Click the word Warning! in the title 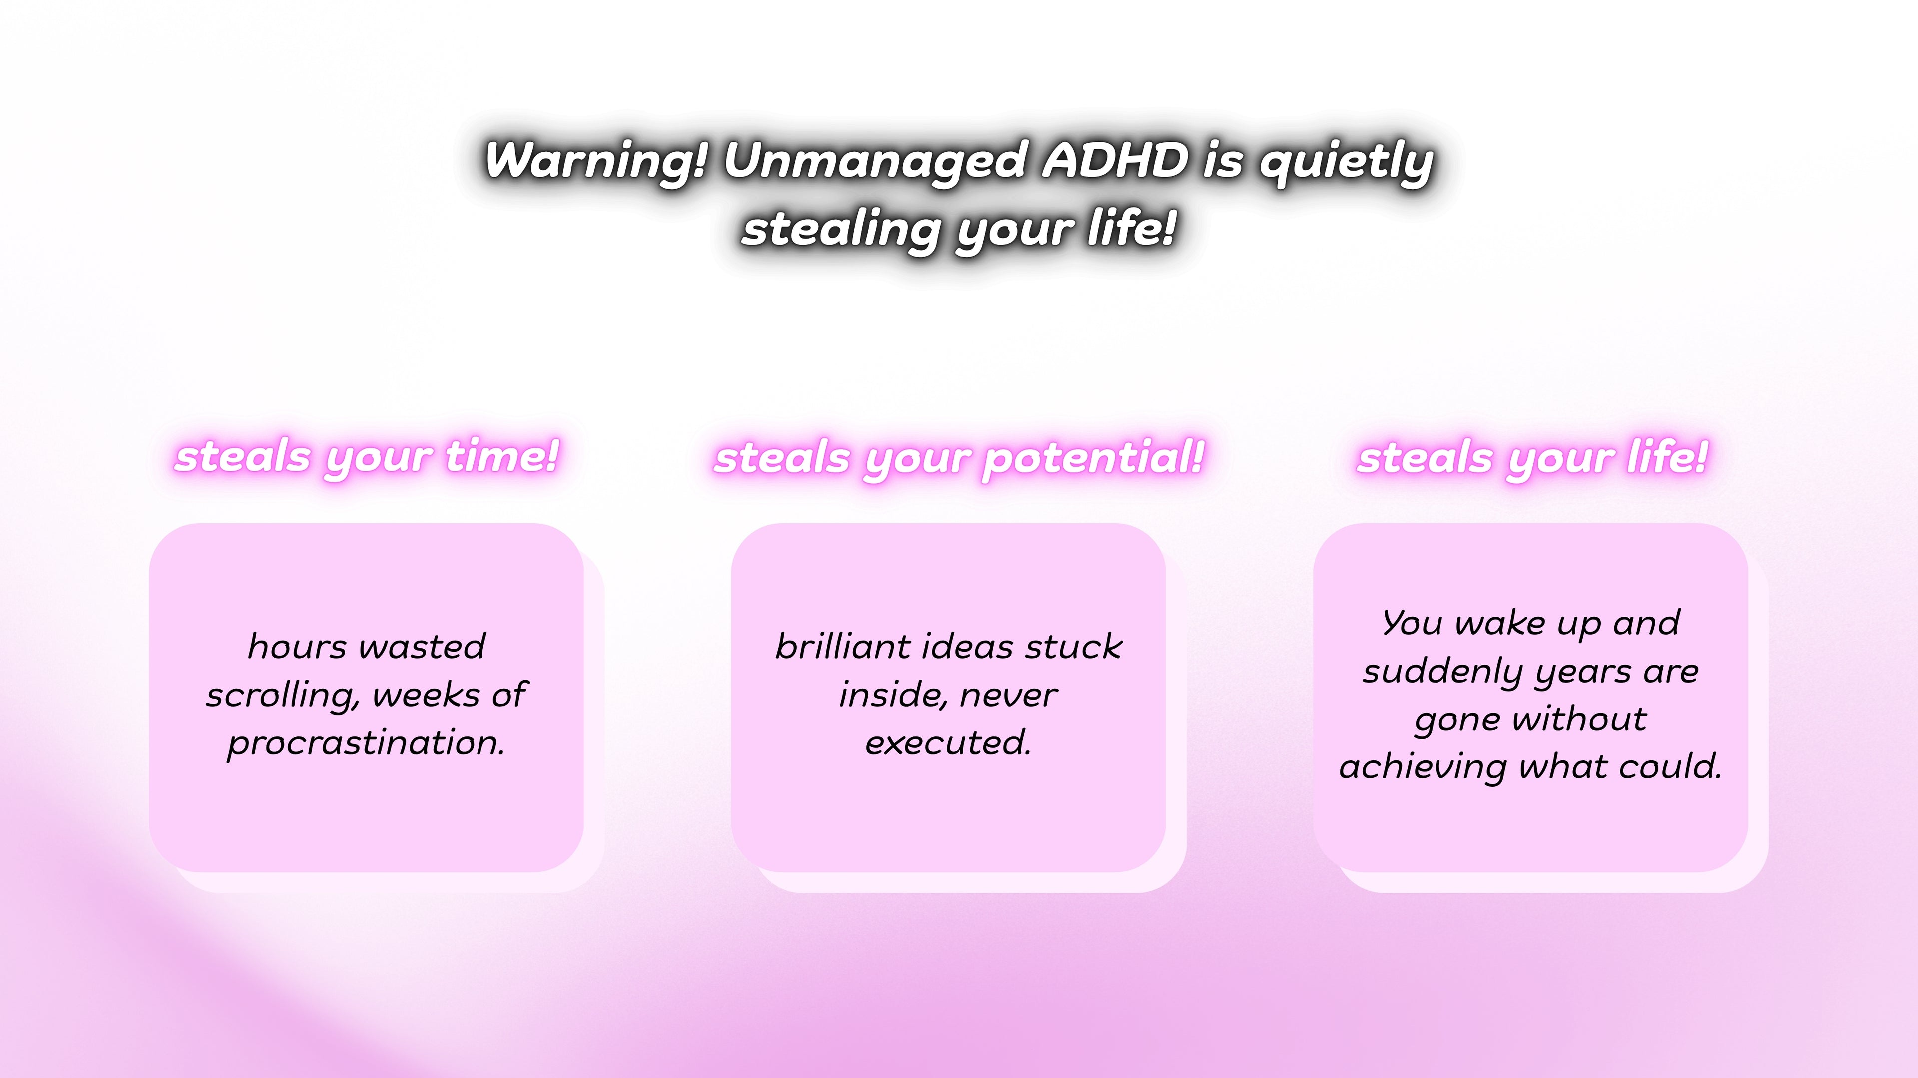596,161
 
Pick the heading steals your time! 366,456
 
